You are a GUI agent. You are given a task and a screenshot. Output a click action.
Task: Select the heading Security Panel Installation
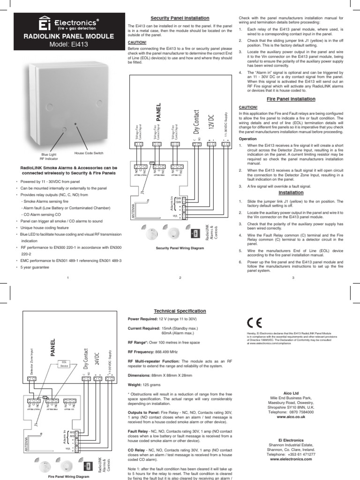pos(179,17)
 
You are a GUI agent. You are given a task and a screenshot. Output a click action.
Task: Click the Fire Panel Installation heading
pos(291,99)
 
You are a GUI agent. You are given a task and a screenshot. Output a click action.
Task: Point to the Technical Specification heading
pos(180,311)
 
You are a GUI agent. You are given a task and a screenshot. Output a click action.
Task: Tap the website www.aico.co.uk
pos(291,416)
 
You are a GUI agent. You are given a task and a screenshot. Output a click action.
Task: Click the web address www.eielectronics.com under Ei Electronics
pos(291,459)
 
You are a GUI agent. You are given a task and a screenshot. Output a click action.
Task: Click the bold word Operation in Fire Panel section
pos(248,139)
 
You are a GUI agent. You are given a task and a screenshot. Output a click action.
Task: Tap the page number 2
pos(180,277)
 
